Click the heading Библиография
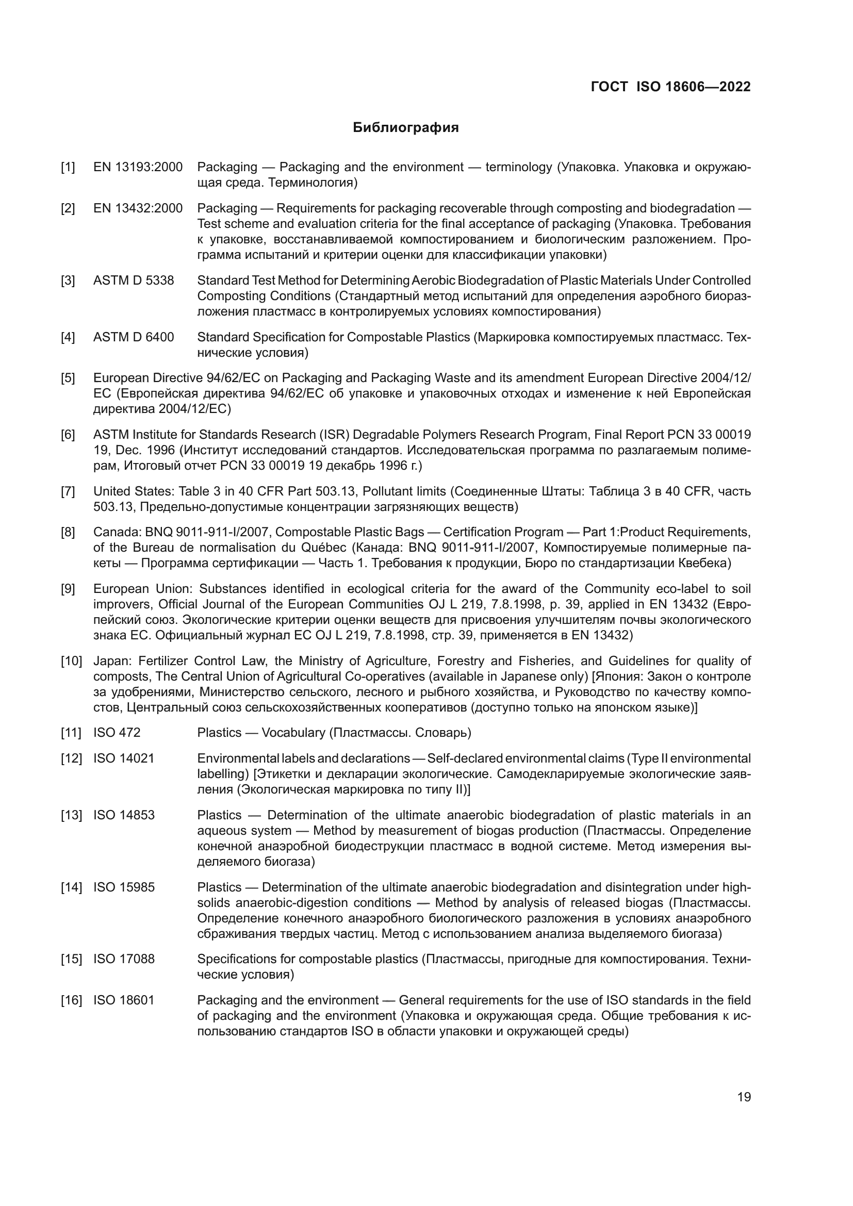pos(405,128)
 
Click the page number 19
pos(744,1097)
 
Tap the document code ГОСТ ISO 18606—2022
pos(671,87)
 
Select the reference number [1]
pos(68,167)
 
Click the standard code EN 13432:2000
pos(138,208)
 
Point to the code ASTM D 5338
pos(134,280)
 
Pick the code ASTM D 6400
pos(134,337)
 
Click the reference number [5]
pos(68,377)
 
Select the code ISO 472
pos(117,732)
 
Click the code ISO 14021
pos(124,758)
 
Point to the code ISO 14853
pos(124,815)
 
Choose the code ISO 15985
pos(124,887)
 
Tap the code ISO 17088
pos(124,959)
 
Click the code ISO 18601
pos(124,1000)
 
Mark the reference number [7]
pos(68,491)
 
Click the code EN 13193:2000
pos(138,167)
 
